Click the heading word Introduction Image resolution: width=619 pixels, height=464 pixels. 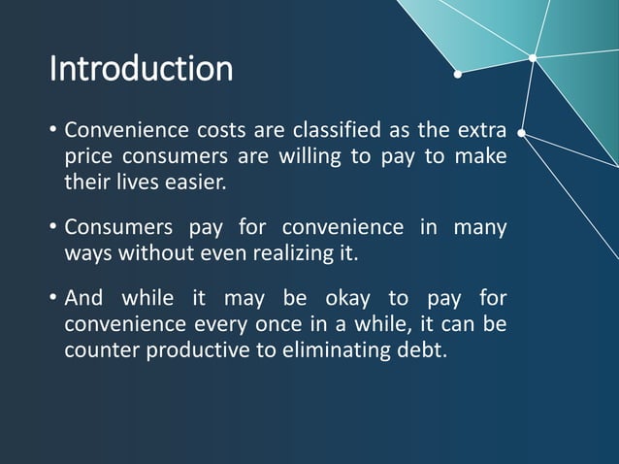(141, 69)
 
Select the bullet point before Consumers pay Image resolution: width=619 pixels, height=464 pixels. (53, 228)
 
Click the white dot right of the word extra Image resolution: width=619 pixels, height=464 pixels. (522, 132)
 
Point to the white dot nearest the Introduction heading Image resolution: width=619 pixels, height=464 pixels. (458, 71)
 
